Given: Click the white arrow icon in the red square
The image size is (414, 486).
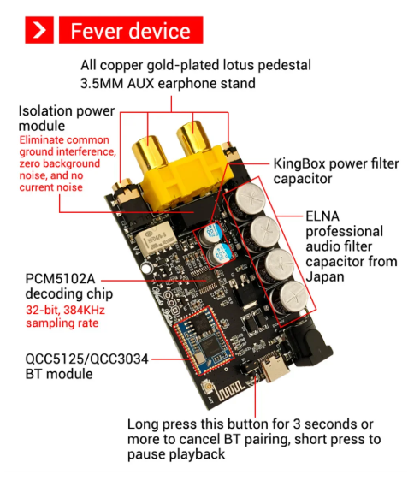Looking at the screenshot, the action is tap(39, 30).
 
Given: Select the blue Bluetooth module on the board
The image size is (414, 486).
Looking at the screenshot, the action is tap(203, 341).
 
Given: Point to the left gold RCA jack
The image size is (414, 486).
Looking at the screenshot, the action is tap(150, 153).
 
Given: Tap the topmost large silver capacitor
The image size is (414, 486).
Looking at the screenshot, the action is tap(249, 199).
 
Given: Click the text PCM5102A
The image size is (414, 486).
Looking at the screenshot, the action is tap(60, 279).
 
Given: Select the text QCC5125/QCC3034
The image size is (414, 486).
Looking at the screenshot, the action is tap(86, 359).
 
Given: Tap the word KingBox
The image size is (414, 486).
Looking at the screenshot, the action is tap(299, 164).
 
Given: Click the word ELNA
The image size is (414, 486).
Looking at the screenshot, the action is tap(322, 216).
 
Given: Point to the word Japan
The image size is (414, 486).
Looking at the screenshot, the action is tap(325, 276).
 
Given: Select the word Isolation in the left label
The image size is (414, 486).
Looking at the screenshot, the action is tap(45, 110).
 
